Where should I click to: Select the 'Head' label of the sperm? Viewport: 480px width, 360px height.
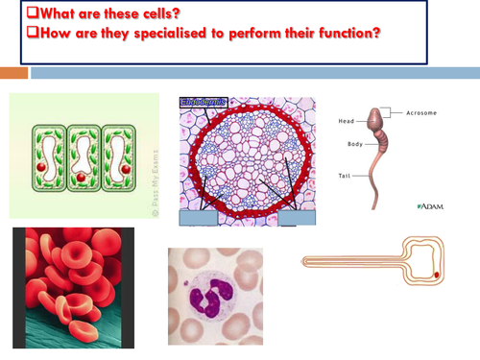348,121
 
